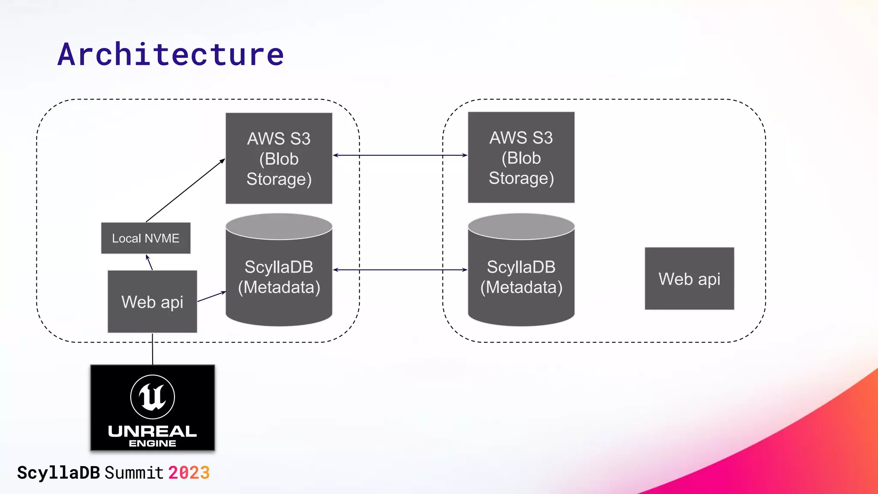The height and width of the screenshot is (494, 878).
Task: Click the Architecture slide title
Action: click(x=171, y=54)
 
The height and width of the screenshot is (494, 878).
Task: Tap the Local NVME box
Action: click(x=146, y=238)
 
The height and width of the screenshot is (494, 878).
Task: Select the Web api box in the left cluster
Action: click(x=152, y=301)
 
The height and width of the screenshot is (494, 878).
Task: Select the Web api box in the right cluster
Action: click(x=689, y=279)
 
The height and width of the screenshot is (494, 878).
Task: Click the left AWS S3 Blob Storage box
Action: click(x=279, y=158)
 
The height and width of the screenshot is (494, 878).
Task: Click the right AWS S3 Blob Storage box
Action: click(x=521, y=157)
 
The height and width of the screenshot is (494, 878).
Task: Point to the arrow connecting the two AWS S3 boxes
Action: click(x=400, y=155)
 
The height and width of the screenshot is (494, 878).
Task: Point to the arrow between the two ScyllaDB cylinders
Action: click(x=400, y=270)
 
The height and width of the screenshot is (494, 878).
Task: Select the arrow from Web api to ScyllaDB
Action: click(x=211, y=297)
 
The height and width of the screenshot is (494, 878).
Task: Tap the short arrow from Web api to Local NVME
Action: click(x=150, y=262)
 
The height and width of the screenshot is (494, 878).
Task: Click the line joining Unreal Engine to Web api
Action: click(x=153, y=349)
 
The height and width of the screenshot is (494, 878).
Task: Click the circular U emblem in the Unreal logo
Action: click(x=153, y=397)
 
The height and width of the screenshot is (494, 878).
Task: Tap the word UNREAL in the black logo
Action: click(x=152, y=431)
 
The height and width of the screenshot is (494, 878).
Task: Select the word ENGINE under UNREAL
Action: click(x=152, y=443)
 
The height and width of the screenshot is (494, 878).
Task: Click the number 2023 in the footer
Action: click(x=189, y=473)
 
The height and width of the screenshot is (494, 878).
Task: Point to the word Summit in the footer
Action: click(x=134, y=473)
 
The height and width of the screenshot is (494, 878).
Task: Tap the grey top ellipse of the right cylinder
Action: click(x=521, y=226)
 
